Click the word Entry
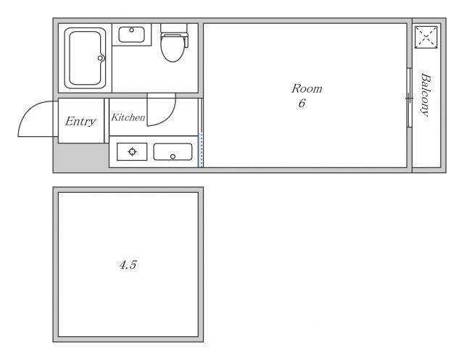point(80,122)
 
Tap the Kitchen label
point(128,117)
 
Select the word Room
point(307,88)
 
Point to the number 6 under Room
point(302,103)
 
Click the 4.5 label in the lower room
point(128,265)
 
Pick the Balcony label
point(426,95)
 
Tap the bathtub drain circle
point(101,58)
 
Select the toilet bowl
point(173,49)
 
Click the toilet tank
point(174,28)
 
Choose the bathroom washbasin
point(132,35)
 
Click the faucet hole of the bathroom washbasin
point(132,30)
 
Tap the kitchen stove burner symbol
point(132,151)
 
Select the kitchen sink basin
point(173,152)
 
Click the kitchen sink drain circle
point(173,156)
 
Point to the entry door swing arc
point(30,110)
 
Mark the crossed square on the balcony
point(426,37)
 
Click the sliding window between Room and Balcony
point(409,98)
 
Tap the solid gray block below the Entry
point(81,156)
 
